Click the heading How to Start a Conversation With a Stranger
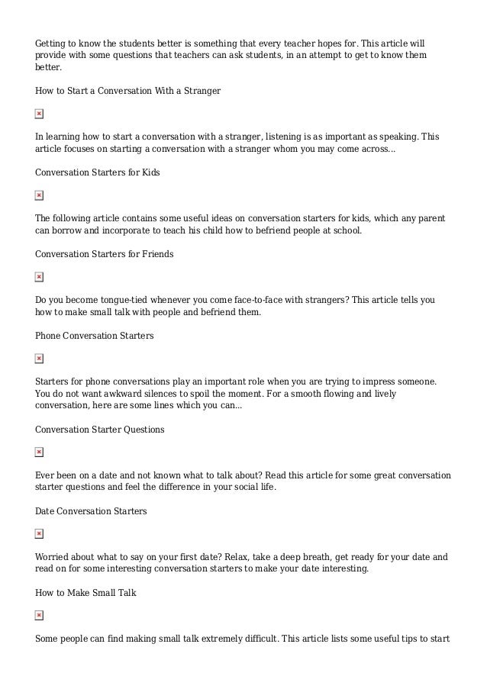128,91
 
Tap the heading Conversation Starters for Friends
105,253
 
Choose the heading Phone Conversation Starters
95,335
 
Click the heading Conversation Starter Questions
100,430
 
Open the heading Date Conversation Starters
91,510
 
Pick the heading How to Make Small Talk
85,591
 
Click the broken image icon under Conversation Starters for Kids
40,195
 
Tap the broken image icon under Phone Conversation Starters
40,358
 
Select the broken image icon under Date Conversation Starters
40,533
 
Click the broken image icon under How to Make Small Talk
40,615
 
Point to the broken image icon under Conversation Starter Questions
40,452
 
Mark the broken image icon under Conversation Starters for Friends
40,277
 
